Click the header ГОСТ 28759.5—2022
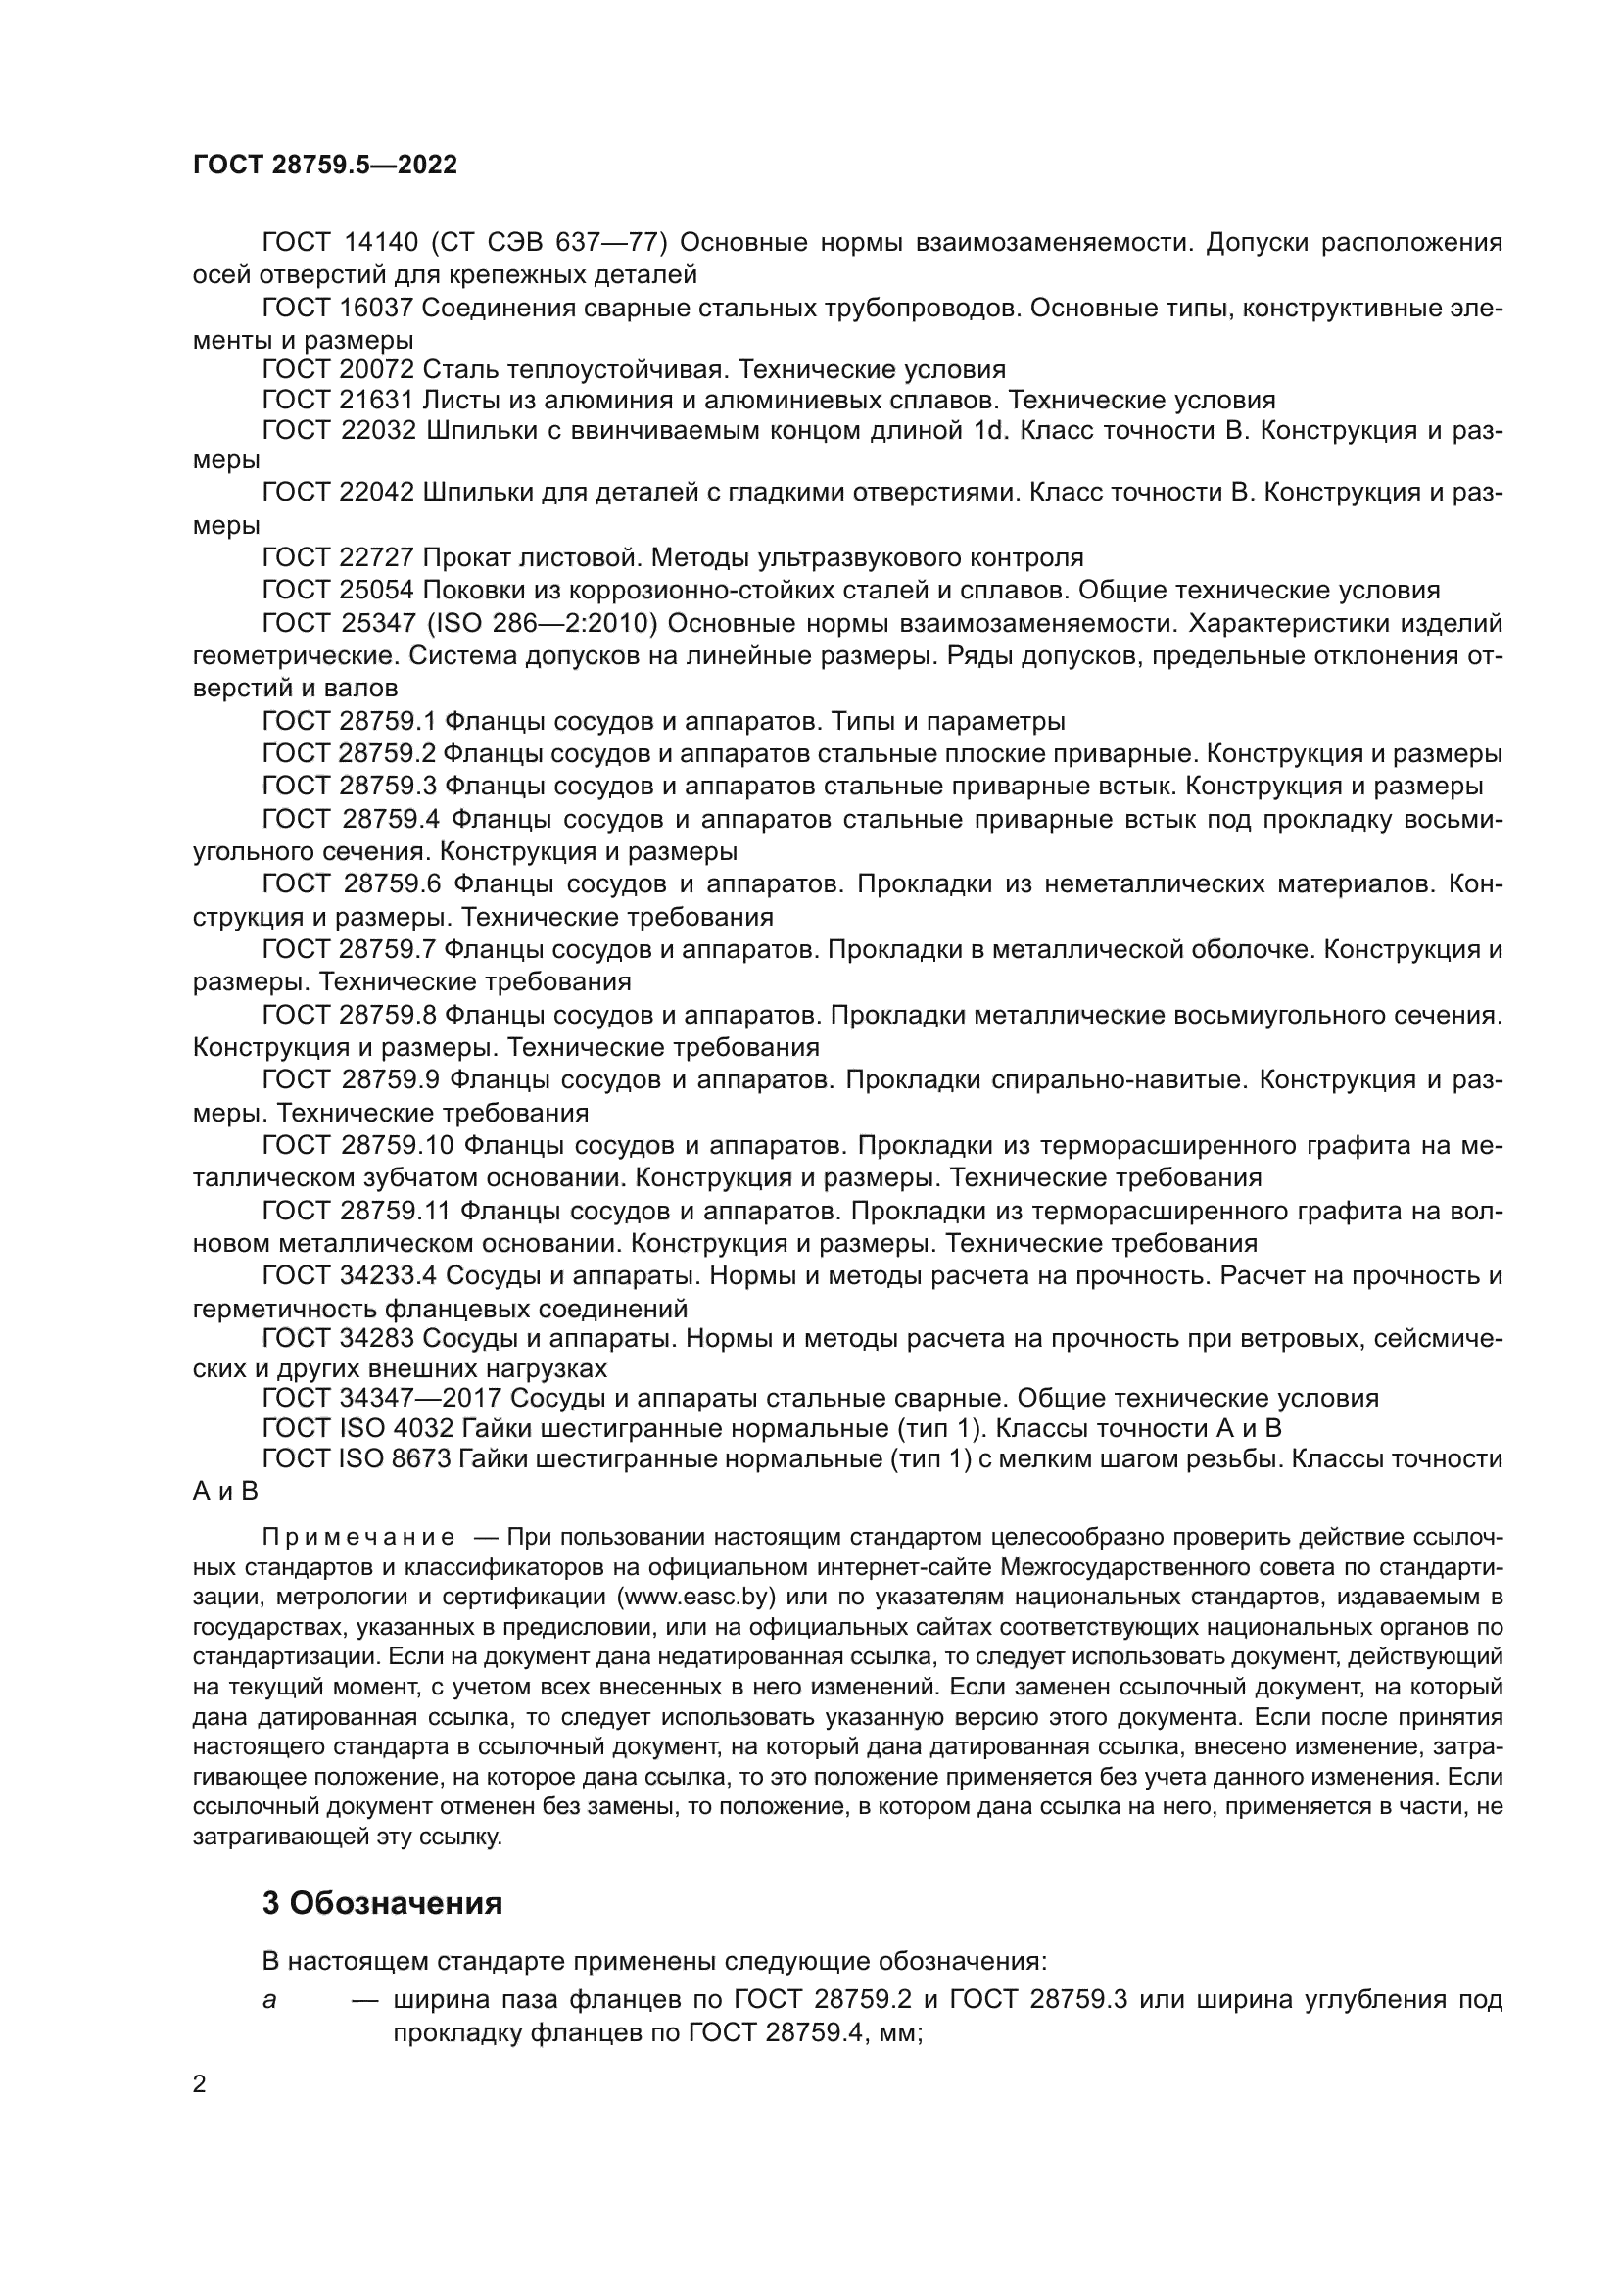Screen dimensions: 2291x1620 (x=325, y=165)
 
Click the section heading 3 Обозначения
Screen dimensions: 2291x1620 (x=382, y=1903)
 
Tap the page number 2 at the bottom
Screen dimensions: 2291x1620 (x=200, y=2083)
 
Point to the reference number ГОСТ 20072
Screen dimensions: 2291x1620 (x=338, y=370)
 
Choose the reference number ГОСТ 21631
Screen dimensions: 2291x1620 (x=338, y=402)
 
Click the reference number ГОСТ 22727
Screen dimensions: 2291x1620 (x=338, y=556)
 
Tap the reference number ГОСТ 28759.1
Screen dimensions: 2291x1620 (x=348, y=721)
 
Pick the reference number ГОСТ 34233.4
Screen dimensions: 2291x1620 (x=349, y=1275)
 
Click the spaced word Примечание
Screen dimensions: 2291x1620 (x=358, y=1537)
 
